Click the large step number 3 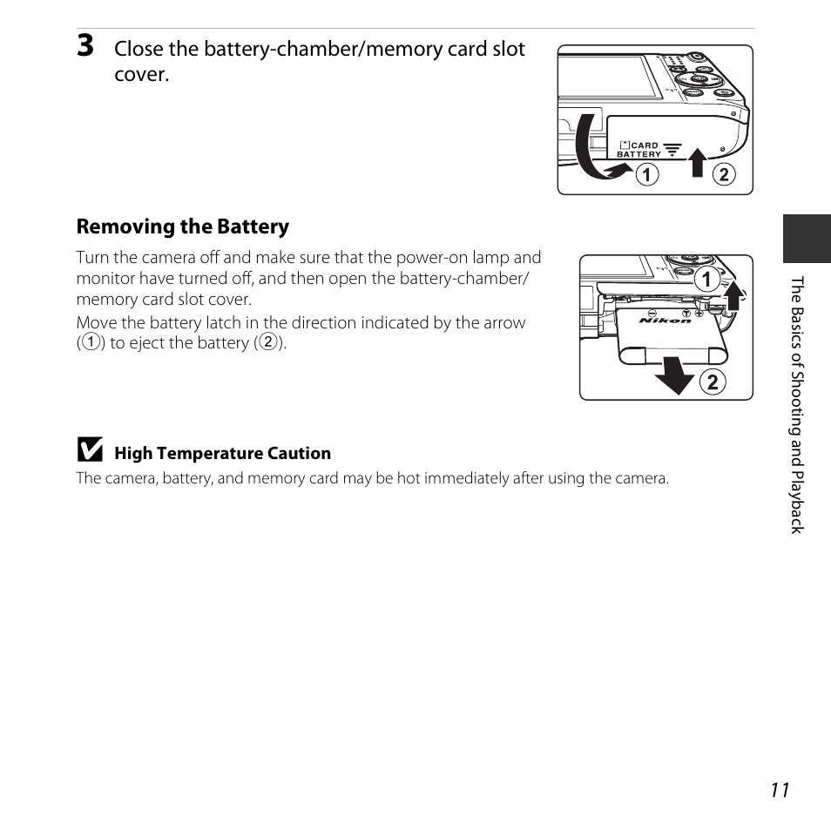[x=85, y=46]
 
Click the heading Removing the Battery [x=182, y=226]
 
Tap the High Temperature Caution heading [x=222, y=453]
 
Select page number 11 [x=780, y=789]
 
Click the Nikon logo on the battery [x=665, y=321]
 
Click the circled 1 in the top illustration [x=645, y=174]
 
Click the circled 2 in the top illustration [x=724, y=174]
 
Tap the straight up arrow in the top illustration [x=697, y=162]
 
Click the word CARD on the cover [x=645, y=145]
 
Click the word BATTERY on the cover [x=638, y=154]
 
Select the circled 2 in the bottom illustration [x=712, y=381]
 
